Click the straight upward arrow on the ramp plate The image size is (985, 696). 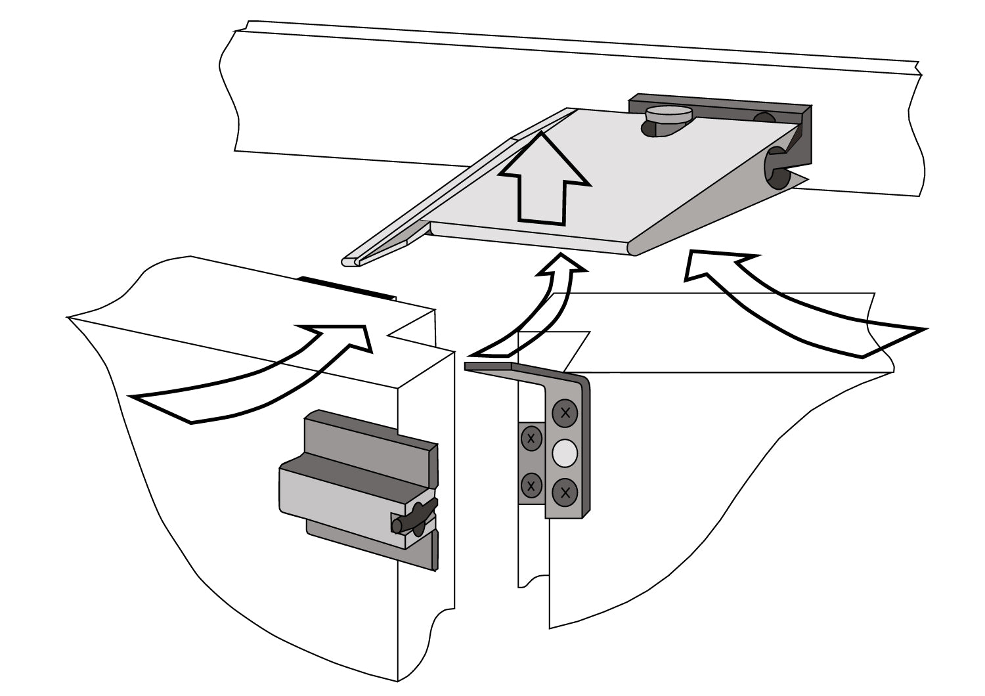542,177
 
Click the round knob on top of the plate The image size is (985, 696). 668,116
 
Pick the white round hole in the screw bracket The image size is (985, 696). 565,452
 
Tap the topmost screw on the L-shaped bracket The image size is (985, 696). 564,413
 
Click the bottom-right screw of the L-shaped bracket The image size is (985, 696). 564,491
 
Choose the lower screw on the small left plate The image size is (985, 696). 531,487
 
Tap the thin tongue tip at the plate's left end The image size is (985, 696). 351,261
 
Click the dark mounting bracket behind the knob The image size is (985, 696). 722,105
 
